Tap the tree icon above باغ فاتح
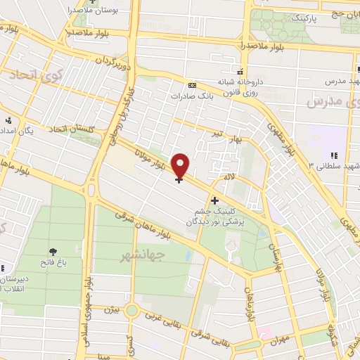53,252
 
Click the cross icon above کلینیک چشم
214,200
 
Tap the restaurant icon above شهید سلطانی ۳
333,155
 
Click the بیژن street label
110,309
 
